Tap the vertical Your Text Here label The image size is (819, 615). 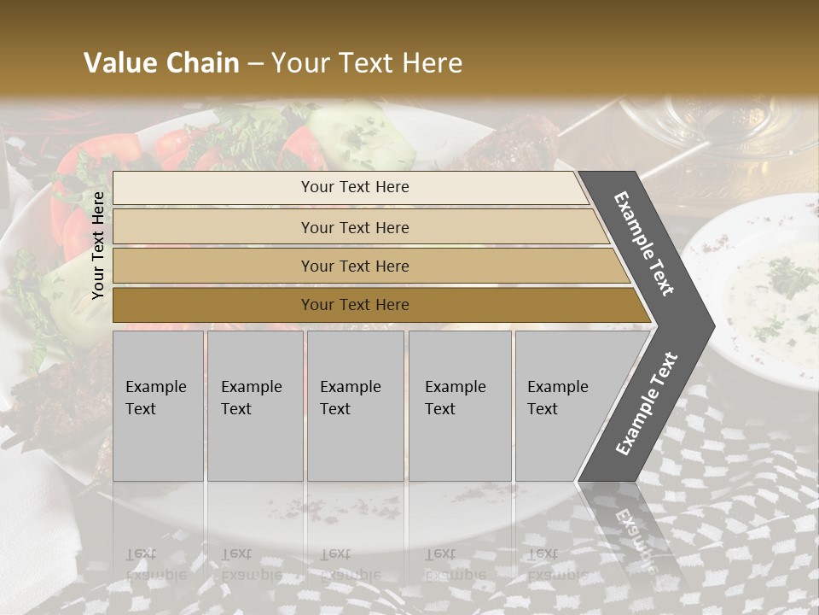98,245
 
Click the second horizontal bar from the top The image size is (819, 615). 355,227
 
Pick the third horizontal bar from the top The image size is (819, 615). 355,266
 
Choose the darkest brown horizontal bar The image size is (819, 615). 355,305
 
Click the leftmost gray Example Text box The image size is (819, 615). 158,406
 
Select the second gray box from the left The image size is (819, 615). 254,406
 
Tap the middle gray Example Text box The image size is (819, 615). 355,406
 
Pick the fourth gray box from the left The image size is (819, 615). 459,406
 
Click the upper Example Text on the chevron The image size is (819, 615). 644,243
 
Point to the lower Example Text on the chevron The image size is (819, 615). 646,404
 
